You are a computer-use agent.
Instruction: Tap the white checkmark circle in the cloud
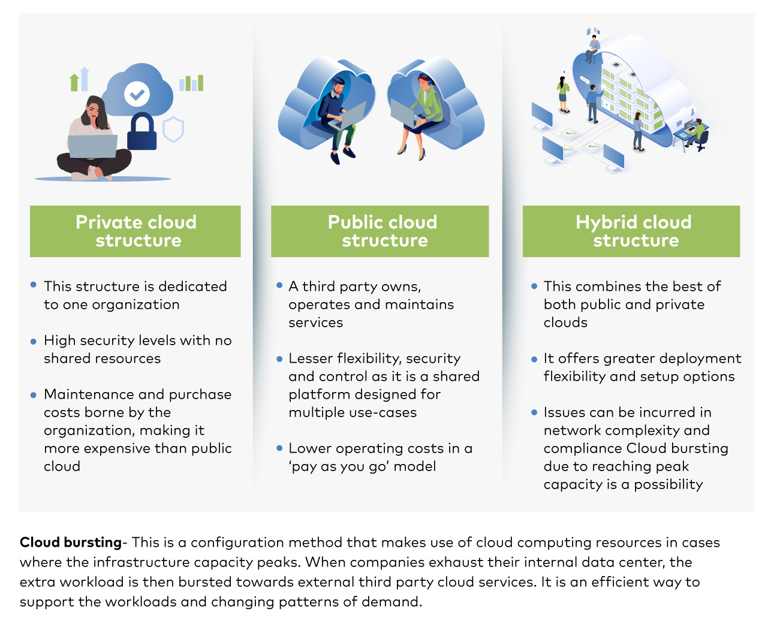[137, 94]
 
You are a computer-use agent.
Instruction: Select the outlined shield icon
[173, 129]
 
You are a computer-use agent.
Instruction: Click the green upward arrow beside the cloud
[74, 82]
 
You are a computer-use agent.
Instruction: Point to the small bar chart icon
[191, 83]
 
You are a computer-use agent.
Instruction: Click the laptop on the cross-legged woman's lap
[93, 146]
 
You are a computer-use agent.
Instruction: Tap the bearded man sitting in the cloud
[337, 119]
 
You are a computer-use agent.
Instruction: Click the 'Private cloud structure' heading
[136, 231]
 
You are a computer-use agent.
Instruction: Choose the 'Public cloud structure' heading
[383, 231]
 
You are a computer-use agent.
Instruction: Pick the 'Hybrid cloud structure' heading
[634, 231]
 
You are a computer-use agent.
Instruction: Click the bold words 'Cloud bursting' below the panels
[70, 542]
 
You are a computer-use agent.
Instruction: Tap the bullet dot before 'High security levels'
[34, 341]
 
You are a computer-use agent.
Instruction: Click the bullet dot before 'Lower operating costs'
[279, 448]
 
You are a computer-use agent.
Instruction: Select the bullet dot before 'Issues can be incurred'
[534, 412]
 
